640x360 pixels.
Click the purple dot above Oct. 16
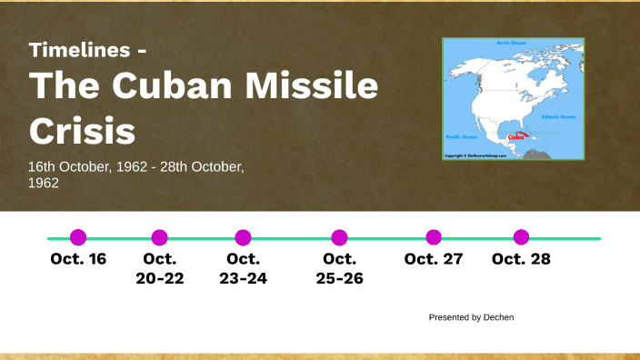78,237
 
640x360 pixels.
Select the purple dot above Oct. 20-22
160,237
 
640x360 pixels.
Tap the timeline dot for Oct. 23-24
243,237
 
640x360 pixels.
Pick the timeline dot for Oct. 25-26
339,237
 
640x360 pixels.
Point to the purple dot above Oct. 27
434,237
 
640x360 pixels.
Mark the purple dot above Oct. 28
521,237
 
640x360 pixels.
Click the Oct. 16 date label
78,259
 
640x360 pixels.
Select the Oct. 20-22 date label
160,268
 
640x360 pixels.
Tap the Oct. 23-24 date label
243,268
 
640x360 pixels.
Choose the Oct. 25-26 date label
339,268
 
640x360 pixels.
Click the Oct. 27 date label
434,259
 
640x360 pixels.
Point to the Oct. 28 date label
521,259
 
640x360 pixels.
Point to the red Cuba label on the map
515,139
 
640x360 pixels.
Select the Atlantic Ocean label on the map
558,116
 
